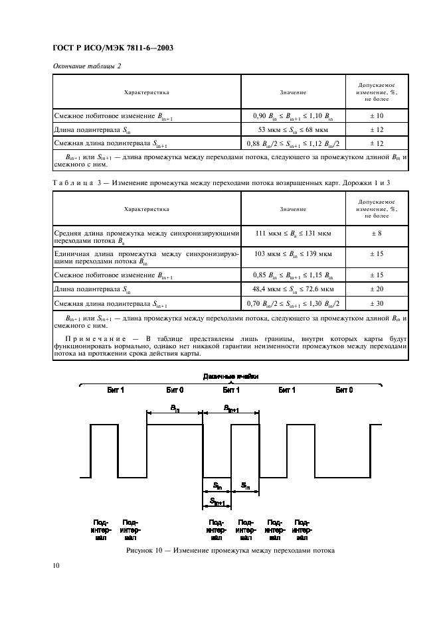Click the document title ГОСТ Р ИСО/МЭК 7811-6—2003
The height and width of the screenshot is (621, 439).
[x=108, y=48]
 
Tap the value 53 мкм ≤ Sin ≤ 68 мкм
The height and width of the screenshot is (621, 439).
[x=293, y=130]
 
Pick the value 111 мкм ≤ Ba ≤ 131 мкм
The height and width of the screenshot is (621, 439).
[x=293, y=233]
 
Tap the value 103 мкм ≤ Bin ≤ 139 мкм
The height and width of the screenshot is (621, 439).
[x=293, y=253]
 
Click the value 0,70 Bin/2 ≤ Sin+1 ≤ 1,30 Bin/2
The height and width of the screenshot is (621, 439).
[x=293, y=303]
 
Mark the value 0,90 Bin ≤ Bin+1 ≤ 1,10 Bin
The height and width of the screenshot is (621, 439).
[x=293, y=115]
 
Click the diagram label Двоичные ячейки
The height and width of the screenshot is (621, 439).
[x=230, y=376]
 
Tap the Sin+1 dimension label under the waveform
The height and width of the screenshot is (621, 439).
[x=216, y=501]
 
